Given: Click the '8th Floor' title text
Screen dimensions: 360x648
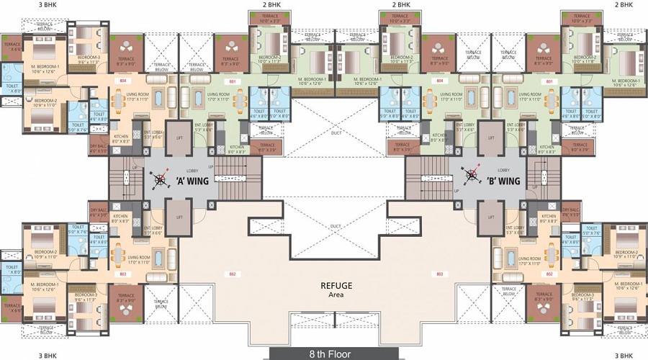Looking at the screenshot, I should (323, 353).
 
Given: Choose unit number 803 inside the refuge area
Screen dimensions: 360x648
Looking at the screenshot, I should (439, 274).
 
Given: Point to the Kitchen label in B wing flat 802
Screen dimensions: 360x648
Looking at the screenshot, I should (549, 218).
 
